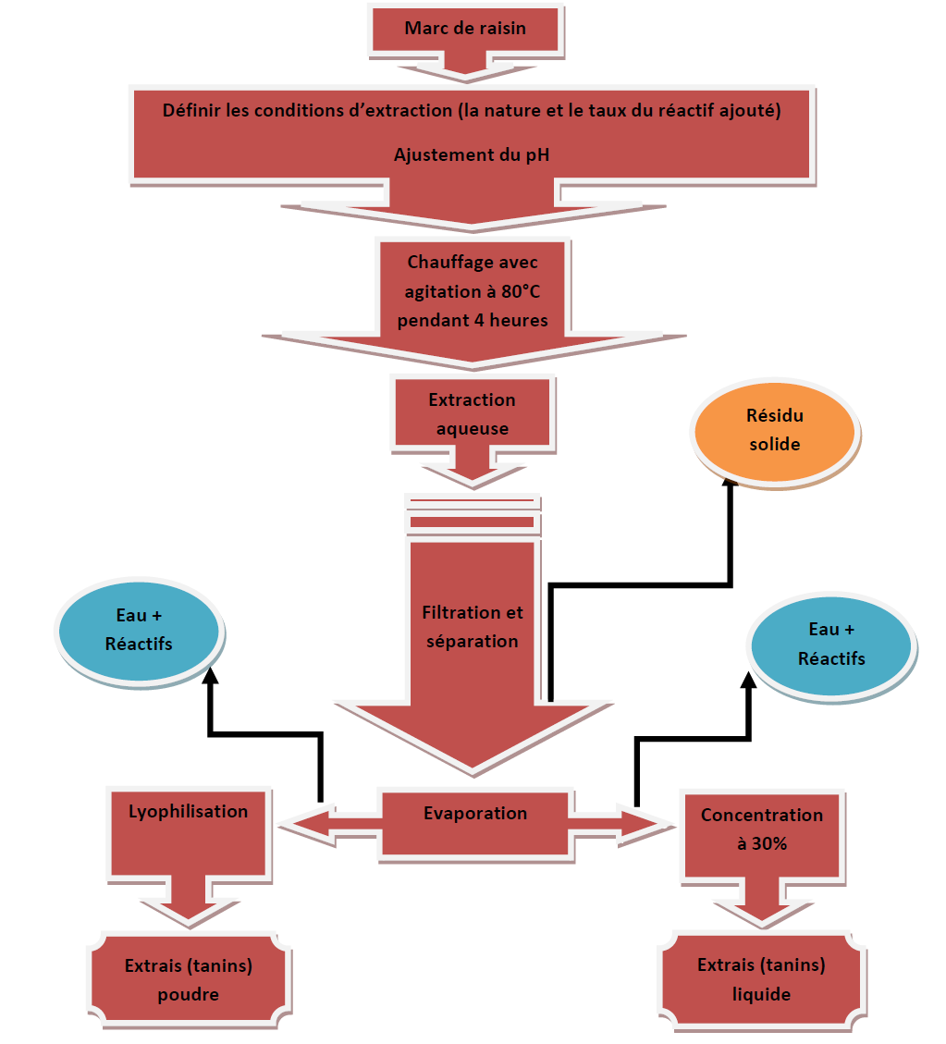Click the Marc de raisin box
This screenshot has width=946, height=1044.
coord(465,29)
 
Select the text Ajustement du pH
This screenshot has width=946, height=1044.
coord(472,154)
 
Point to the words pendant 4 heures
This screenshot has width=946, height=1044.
coord(473,321)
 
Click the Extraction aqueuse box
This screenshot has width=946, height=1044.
coord(473,414)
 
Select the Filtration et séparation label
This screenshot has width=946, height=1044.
coord(473,627)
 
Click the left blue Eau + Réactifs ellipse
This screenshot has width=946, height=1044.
coord(139,630)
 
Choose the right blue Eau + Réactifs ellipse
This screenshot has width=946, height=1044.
coord(831,645)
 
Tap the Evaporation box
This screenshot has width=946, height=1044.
coord(475,814)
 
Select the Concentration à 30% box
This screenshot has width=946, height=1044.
coord(762,829)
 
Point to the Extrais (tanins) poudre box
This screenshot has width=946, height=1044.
coord(189,980)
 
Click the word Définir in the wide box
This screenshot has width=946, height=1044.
coord(190,111)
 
